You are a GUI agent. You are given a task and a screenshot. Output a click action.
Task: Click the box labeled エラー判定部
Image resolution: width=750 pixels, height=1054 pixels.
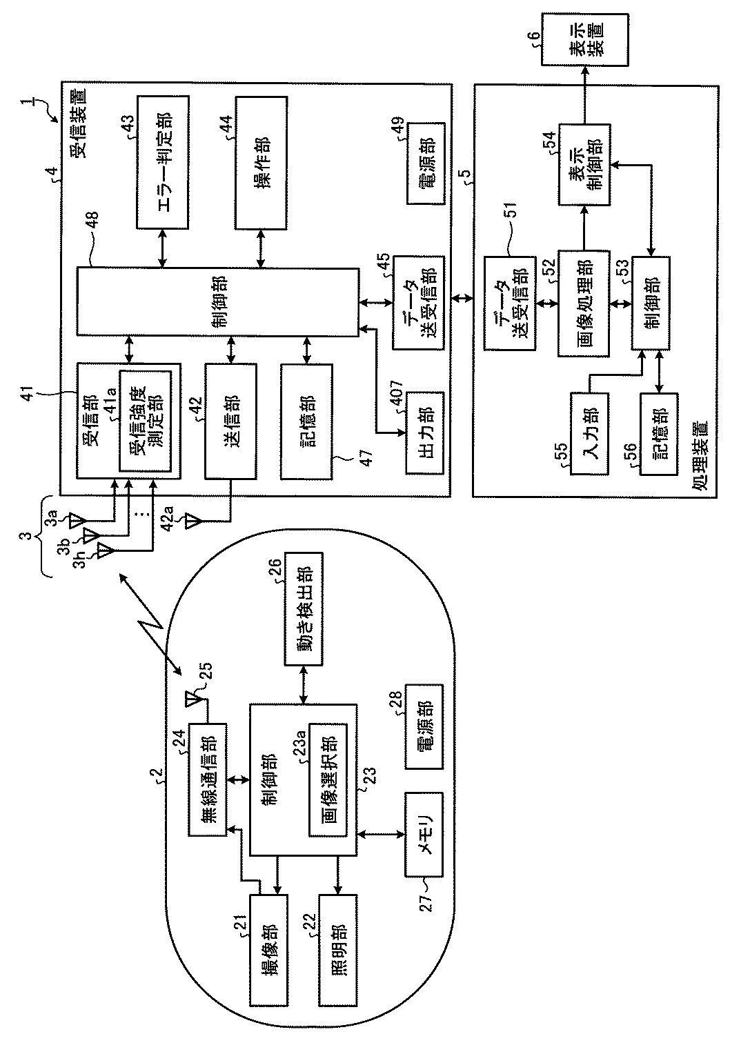pos(163,162)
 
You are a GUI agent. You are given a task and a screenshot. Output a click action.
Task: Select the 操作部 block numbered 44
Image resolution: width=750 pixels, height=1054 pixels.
pos(261,163)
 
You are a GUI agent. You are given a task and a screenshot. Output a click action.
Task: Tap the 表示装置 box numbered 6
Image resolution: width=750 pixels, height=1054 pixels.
pos(585,39)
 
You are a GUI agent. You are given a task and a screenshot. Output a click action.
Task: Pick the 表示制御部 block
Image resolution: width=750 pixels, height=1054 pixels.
pos(584,165)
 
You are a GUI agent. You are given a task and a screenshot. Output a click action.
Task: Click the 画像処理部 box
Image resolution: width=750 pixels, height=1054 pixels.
pos(584,304)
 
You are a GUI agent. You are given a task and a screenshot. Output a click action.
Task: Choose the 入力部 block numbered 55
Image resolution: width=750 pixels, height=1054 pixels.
pos(589,433)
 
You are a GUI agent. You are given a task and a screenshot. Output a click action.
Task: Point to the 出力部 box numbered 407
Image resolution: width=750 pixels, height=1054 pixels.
pos(425,432)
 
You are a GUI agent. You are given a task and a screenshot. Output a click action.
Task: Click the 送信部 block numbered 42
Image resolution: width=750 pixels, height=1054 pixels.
pos(230,421)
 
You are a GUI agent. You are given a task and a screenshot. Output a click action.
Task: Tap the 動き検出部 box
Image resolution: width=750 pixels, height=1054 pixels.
pos(304,609)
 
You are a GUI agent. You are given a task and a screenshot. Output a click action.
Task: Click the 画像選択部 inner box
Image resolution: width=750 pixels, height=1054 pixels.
pos(328,779)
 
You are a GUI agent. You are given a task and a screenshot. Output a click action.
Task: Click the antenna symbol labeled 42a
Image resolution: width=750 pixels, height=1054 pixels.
pos(194,521)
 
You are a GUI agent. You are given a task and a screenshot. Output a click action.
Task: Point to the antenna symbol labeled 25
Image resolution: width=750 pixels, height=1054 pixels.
pos(193,699)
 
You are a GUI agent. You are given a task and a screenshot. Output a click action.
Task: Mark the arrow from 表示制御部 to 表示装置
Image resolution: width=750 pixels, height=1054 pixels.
pos(585,95)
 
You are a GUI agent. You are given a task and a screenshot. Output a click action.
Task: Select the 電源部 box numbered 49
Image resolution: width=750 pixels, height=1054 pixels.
pos(426,163)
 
